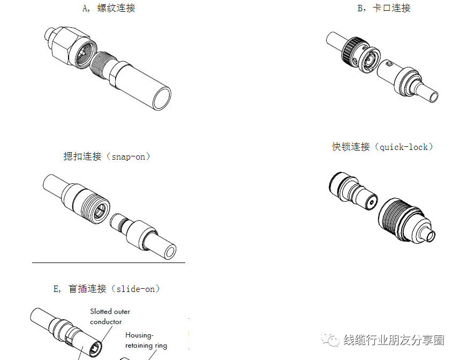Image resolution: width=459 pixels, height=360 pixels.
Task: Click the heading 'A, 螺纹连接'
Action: click(109, 8)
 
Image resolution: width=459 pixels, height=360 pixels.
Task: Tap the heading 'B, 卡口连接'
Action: click(383, 8)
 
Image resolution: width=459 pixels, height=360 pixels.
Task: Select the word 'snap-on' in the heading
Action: click(129, 156)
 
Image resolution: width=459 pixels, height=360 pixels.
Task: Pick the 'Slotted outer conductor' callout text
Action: click(109, 316)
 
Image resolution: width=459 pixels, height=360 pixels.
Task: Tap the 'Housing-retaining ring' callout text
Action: click(146, 340)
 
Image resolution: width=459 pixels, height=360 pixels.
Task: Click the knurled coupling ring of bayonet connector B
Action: click(353, 50)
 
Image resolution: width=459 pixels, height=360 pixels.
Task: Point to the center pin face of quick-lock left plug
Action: click(370, 203)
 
